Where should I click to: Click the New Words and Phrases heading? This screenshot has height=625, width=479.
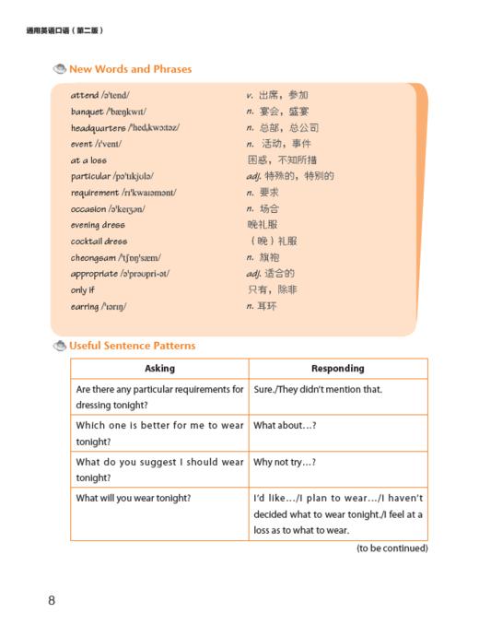131,69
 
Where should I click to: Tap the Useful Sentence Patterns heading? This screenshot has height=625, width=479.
132,346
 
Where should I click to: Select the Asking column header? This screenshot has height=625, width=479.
159,368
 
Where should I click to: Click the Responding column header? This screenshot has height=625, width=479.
338,368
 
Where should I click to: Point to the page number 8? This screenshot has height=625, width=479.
52,601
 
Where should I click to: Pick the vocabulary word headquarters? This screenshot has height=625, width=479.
100,127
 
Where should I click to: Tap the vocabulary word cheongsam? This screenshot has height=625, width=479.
94,257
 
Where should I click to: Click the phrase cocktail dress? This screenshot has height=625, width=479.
99,242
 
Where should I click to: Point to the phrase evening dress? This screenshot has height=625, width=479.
97,225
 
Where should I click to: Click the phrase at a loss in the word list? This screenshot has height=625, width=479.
88,160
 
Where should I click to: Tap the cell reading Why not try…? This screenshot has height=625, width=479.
291,461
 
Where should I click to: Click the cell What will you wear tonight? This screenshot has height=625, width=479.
134,498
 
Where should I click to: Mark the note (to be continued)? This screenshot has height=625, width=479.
391,548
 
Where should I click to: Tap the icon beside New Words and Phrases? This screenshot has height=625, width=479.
60,69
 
